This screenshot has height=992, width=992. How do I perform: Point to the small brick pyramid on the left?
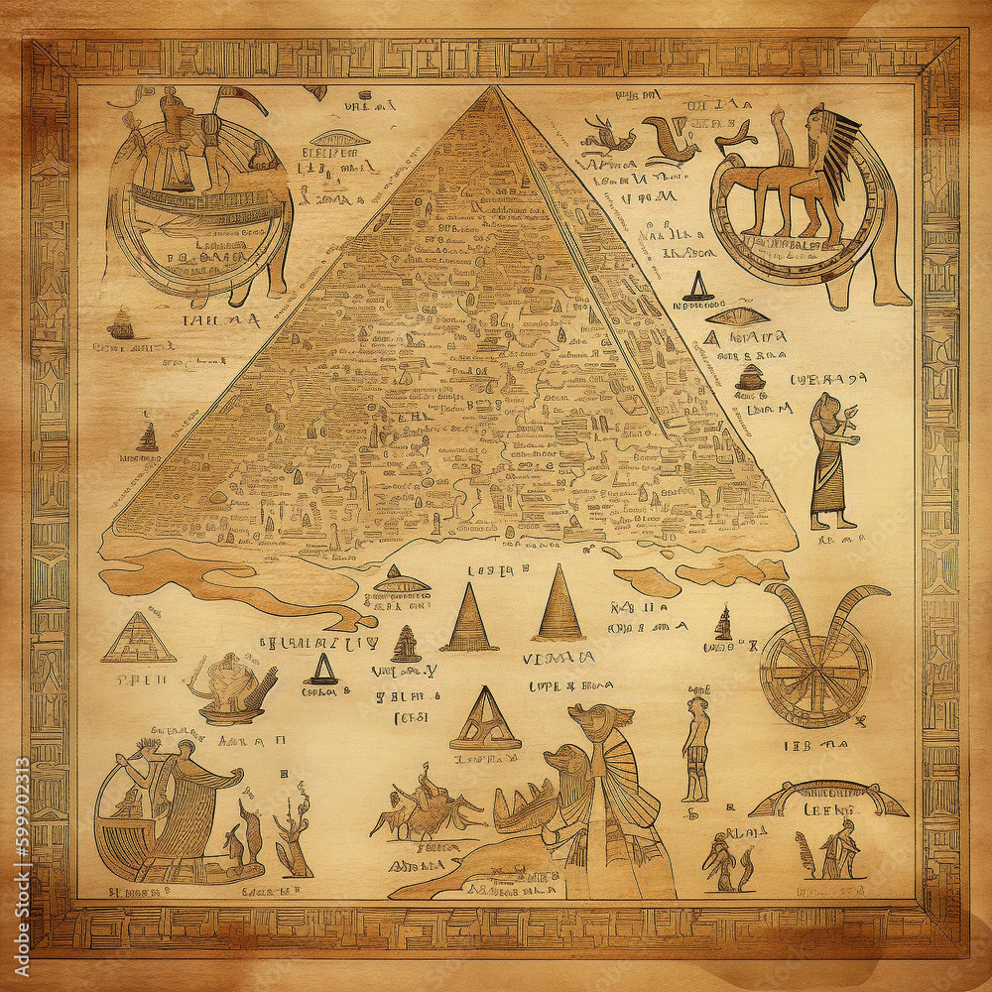[x=138, y=638]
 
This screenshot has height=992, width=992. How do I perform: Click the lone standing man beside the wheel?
[x=696, y=748]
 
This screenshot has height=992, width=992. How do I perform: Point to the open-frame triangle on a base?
[x=485, y=720]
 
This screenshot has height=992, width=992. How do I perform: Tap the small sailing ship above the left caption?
[x=122, y=322]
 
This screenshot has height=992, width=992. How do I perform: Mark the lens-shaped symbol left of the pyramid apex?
[x=340, y=139]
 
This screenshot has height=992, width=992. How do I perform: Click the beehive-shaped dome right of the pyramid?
[x=751, y=376]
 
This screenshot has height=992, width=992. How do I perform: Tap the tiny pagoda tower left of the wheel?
[x=723, y=624]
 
